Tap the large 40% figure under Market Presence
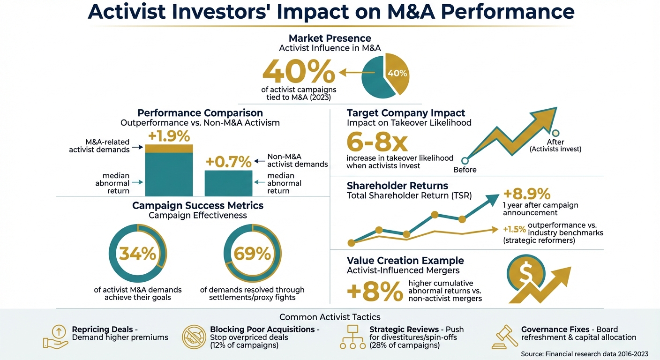click(299, 72)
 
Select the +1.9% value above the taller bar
click(169, 136)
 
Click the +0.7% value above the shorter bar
click(229, 162)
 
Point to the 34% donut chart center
click(137, 254)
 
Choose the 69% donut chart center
click(252, 254)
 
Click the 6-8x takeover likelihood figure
click(377, 142)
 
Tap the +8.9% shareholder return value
click(526, 194)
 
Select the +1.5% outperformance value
click(514, 229)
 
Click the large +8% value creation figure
click(375, 292)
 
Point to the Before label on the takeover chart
click(465, 170)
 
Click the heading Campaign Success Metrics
click(197, 206)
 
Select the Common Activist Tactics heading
click(330, 317)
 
